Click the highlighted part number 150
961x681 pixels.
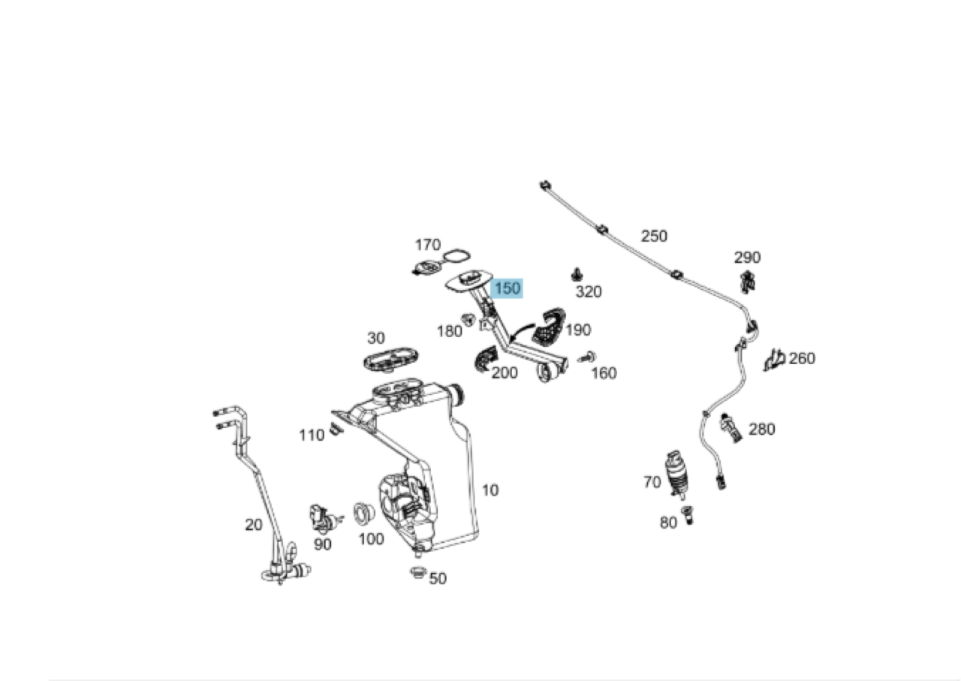click(507, 288)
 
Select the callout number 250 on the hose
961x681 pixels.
click(654, 236)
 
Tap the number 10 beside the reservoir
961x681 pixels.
click(490, 490)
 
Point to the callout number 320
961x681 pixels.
click(588, 292)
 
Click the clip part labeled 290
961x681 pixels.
click(746, 282)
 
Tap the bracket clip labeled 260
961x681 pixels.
click(774, 360)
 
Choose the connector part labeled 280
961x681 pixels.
click(730, 428)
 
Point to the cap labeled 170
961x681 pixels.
click(428, 267)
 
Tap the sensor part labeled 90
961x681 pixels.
click(321, 516)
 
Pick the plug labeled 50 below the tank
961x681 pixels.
click(417, 574)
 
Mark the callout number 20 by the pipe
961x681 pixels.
click(254, 525)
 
